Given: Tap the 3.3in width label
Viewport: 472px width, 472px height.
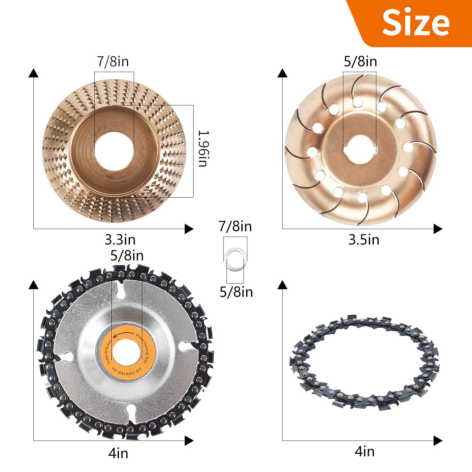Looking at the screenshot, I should [120, 240].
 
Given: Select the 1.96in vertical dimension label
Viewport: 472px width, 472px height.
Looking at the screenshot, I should [203, 149].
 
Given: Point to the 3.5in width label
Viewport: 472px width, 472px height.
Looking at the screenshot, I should [364, 240].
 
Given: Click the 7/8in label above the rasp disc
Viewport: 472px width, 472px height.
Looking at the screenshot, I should [113, 61].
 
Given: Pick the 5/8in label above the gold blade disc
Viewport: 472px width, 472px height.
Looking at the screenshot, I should [360, 61].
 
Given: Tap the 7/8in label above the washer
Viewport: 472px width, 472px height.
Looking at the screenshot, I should [235, 227].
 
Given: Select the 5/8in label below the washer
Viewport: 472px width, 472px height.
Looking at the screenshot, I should [236, 292].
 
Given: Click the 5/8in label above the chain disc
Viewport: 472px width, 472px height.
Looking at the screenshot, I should [127, 256].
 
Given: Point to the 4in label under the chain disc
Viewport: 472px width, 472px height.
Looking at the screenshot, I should [118, 453].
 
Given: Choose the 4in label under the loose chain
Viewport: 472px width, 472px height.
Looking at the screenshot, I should [364, 452].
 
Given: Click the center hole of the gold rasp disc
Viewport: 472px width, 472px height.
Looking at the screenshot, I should [114, 148].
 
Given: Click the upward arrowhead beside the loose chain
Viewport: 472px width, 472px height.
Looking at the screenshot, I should [282, 285].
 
